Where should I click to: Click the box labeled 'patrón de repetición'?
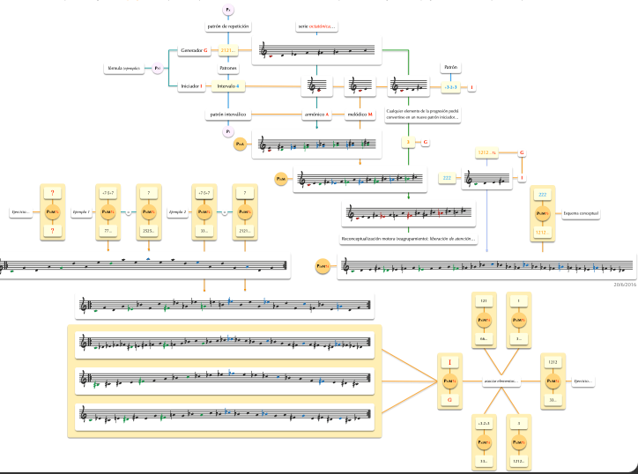228,26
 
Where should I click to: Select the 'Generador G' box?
194,50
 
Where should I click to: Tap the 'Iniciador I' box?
191,86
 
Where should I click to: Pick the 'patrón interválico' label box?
228,115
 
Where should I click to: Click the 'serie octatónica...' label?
316,26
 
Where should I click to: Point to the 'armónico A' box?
316,115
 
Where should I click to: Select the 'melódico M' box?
360,115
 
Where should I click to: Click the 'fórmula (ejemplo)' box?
127,68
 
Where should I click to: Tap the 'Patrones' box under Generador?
228,68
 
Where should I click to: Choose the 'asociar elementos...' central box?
504,381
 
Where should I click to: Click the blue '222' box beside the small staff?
447,177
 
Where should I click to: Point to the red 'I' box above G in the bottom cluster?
450,362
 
